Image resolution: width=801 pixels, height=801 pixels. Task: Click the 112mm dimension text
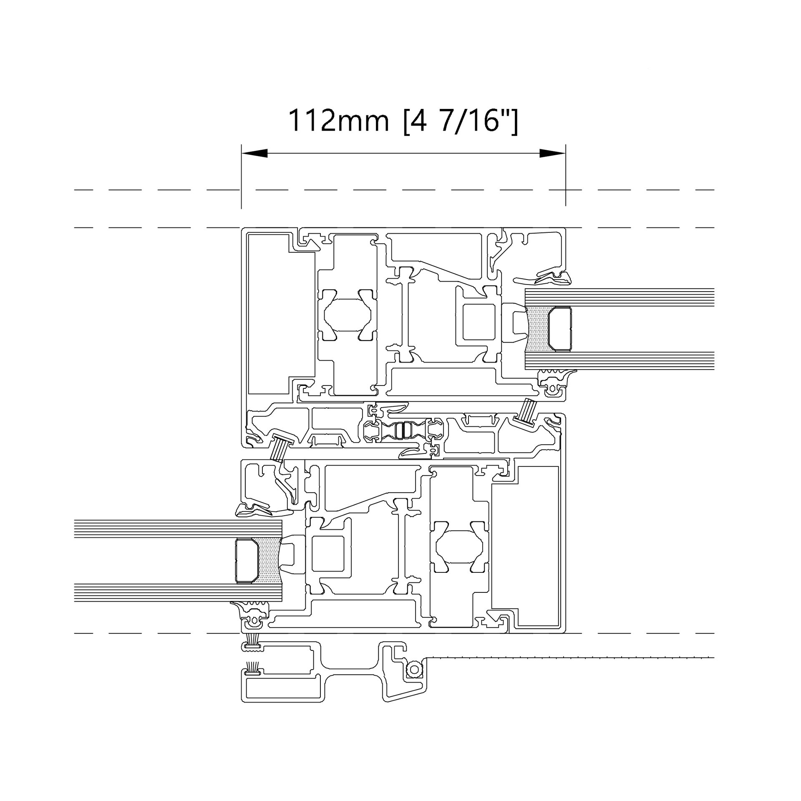(x=338, y=121)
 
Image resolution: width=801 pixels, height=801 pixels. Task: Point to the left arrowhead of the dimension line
(x=254, y=154)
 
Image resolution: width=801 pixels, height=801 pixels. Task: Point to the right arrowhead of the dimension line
(x=553, y=154)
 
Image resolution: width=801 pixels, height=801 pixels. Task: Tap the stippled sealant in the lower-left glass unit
(x=270, y=560)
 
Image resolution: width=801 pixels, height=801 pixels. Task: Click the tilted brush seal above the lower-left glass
(x=279, y=446)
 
